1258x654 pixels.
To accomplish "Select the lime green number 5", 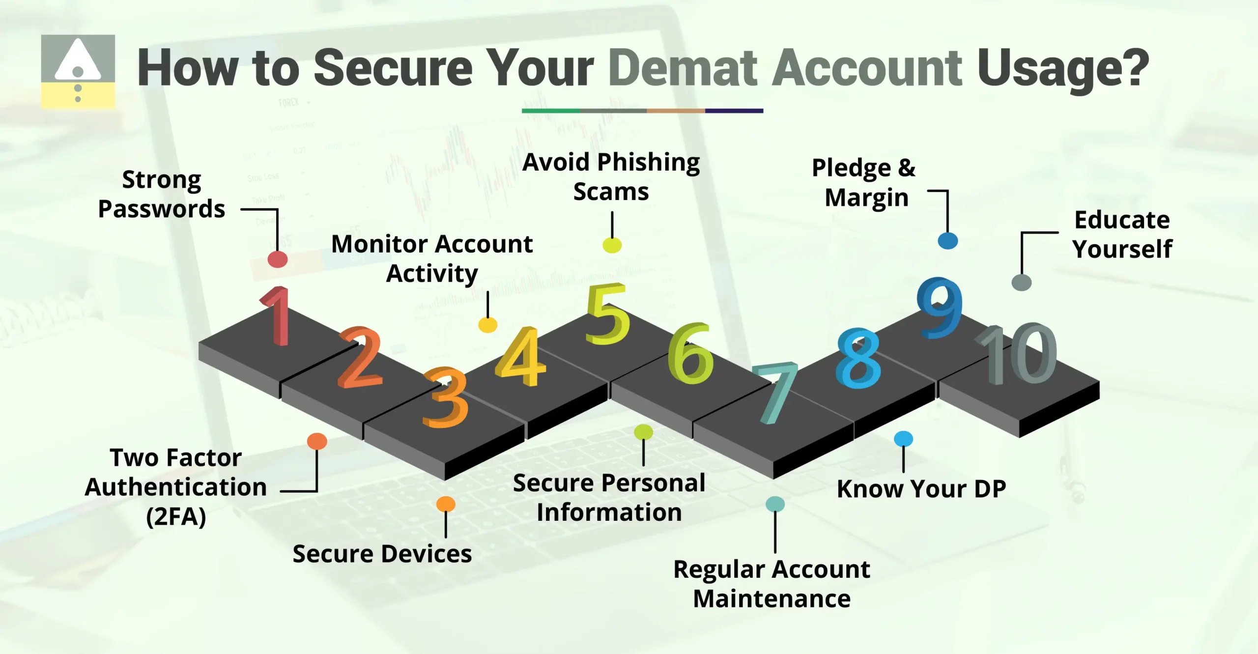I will (607, 314).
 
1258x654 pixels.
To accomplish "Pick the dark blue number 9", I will (940, 308).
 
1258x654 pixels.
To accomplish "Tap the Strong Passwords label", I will (161, 195).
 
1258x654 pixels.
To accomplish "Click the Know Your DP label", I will (921, 489).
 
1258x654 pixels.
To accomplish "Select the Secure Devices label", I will (382, 554).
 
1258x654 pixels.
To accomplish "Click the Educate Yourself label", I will (1122, 234).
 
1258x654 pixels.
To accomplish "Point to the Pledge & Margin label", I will (864, 183).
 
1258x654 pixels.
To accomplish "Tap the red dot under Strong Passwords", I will (278, 259).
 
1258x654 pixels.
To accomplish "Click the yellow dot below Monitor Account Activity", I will (487, 325).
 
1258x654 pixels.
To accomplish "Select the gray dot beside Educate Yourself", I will (1021, 283).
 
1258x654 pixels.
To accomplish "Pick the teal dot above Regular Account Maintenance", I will (775, 504).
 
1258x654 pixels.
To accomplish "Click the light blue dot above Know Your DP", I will (903, 439).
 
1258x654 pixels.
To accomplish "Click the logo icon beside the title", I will (78, 71).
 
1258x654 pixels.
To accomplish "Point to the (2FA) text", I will (176, 517).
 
